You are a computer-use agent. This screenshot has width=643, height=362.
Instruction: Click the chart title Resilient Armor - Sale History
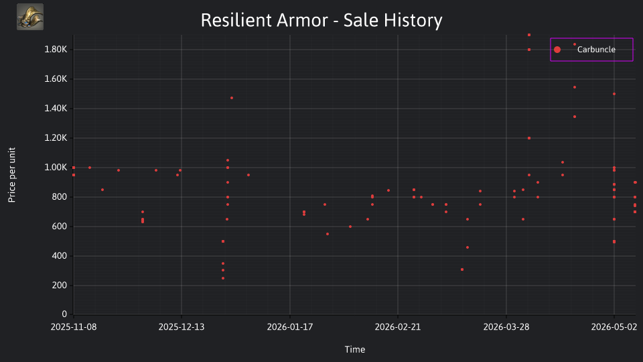coord(321,20)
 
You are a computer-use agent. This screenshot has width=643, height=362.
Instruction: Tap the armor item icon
coord(30,17)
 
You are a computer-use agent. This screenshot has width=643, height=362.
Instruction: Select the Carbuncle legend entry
coord(591,50)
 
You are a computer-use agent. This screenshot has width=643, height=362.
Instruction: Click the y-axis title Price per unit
coord(12,175)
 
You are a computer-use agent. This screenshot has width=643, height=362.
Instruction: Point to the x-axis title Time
coord(355,349)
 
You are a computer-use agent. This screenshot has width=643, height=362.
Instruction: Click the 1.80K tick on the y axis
coord(56,50)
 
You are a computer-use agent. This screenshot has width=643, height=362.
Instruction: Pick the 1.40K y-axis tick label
coord(56,109)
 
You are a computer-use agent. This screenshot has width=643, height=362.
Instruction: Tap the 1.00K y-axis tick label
coord(56,168)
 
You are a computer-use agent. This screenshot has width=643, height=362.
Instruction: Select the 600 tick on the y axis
coord(60,227)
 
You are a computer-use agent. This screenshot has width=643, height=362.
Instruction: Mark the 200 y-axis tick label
coord(60,286)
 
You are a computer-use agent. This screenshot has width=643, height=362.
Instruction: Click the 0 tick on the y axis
coord(64,314)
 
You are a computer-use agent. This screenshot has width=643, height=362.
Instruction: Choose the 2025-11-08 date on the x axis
coord(74,327)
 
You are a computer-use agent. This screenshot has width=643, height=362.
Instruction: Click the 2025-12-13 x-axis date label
coord(182,327)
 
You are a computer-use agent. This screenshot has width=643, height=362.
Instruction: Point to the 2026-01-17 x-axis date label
coord(290,327)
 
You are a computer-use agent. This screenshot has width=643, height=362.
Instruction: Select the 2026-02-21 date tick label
coord(398,327)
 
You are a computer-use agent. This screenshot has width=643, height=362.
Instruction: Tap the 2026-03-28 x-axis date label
coord(506,327)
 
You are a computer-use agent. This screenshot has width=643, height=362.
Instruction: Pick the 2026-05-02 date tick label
coord(614,327)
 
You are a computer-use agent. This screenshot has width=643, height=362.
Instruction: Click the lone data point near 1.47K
coord(232,98)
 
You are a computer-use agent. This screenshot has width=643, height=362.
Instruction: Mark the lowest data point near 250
coord(223,278)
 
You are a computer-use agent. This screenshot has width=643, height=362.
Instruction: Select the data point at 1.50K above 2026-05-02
coord(614,94)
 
